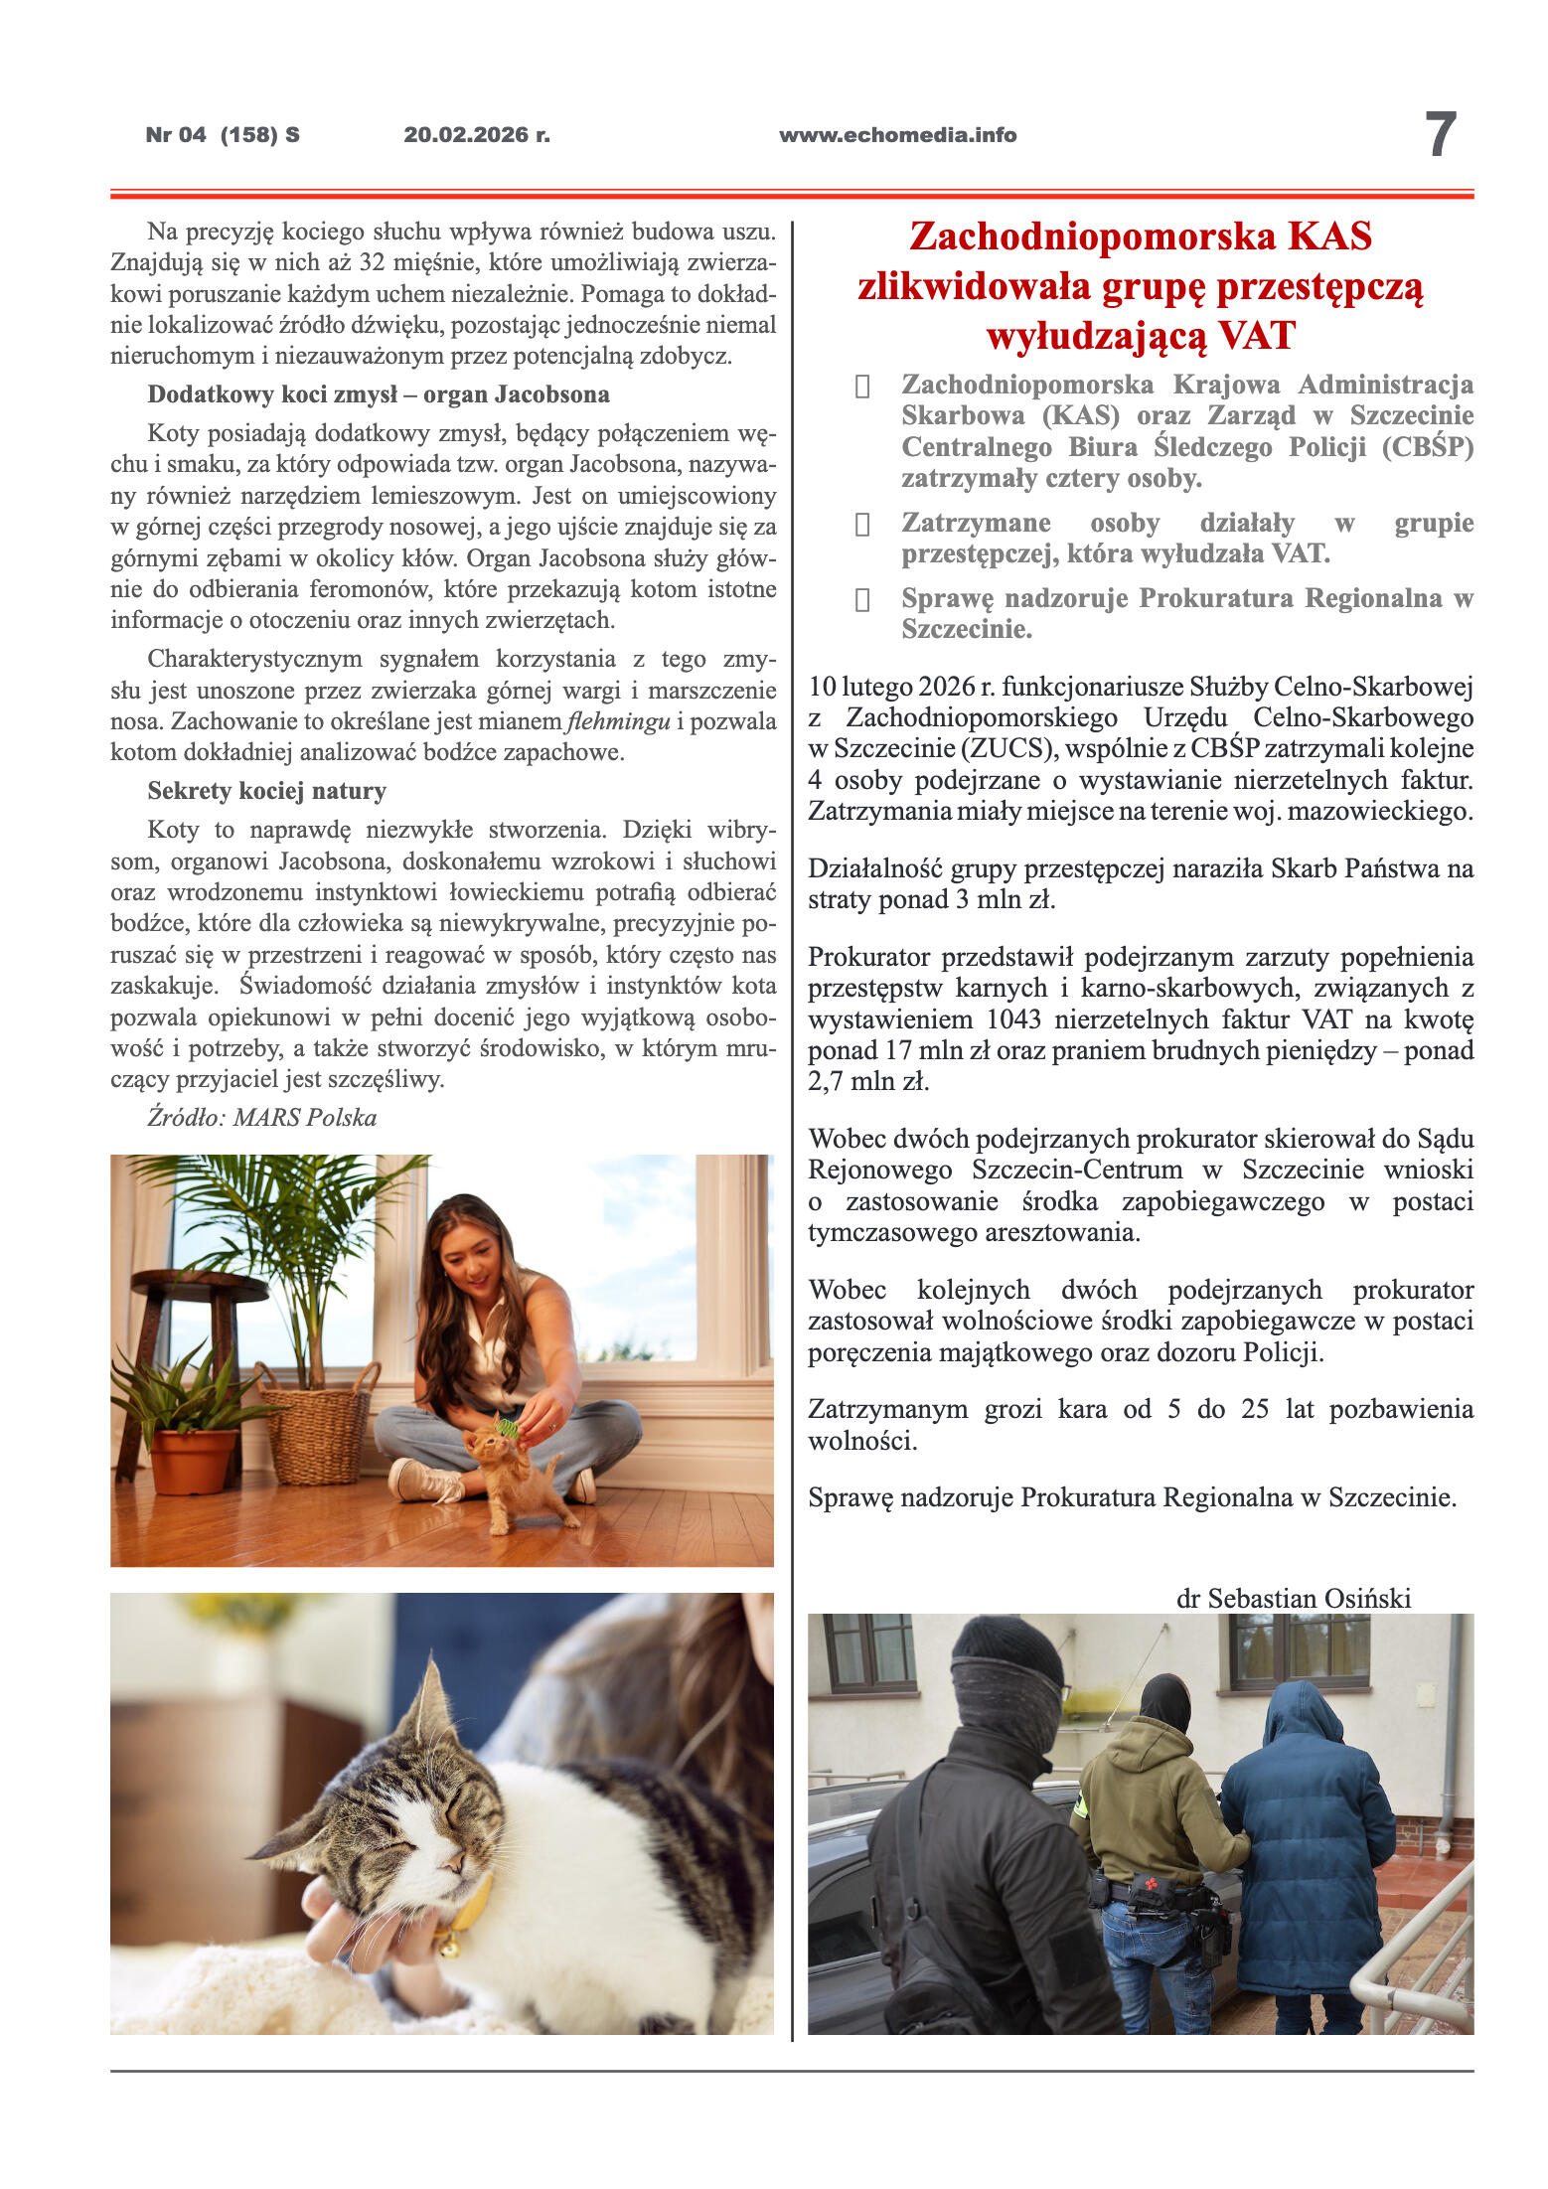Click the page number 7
1440,134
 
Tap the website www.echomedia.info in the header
897,135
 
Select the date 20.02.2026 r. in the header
476,135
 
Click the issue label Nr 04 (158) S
223,135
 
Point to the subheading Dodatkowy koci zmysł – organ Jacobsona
379,394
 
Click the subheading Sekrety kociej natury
266,791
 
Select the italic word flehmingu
617,721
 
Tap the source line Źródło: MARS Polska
262,1117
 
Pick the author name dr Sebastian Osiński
1293,1598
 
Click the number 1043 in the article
1013,1019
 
